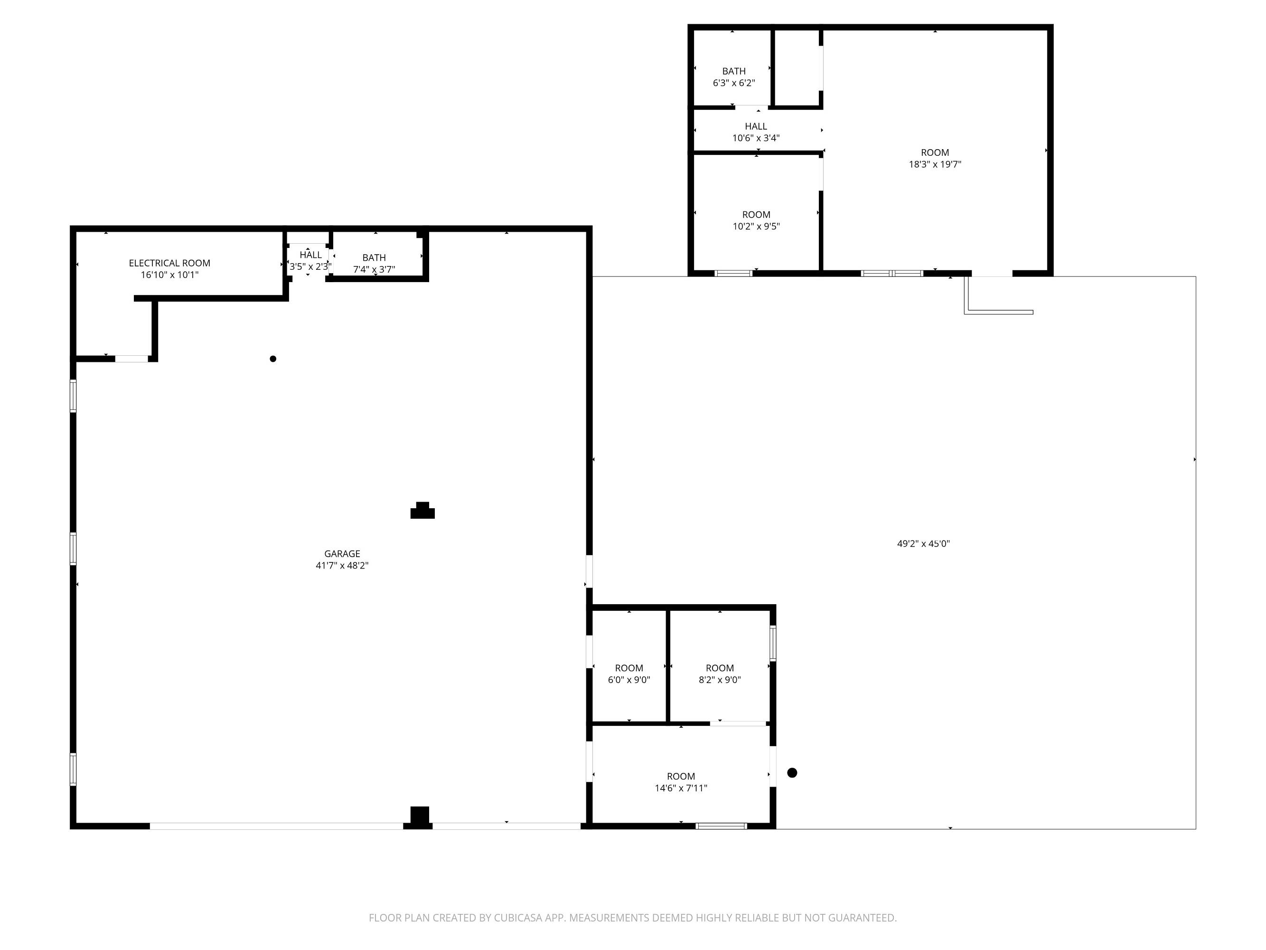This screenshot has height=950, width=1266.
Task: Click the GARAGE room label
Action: (342, 554)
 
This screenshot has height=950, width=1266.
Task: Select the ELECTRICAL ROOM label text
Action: (169, 263)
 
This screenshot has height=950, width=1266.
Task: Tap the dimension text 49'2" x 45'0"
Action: (923, 543)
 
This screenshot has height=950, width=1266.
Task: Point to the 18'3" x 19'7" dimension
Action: (935, 164)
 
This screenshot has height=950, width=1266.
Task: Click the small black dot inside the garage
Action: (273, 359)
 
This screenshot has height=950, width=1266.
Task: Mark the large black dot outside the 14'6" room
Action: (792, 772)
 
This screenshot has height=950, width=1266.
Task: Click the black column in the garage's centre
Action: (422, 510)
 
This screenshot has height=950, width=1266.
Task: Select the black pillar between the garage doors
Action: (420, 817)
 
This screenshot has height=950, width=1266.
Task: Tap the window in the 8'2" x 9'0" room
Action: (773, 643)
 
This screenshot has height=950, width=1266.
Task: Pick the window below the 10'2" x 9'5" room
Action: (734, 273)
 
